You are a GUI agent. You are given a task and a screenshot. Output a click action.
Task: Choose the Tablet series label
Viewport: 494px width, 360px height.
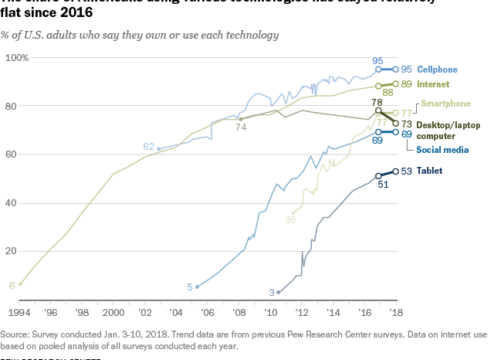[x=430, y=171]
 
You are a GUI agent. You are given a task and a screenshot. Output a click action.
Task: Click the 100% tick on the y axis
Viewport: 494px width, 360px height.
[x=17, y=58]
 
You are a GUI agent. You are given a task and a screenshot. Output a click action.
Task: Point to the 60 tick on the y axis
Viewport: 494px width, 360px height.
[x=22, y=155]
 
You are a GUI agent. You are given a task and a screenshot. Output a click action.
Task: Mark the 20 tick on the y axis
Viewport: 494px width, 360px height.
[x=22, y=251]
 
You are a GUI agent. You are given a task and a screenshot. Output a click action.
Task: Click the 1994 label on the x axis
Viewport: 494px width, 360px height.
[x=19, y=312]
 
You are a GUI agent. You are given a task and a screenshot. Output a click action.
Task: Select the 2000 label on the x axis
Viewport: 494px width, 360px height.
[x=113, y=312]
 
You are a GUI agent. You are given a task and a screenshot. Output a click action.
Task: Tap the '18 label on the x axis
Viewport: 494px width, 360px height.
[x=397, y=312]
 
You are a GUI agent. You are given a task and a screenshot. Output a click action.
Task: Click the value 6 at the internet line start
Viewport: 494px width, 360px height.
[x=12, y=285]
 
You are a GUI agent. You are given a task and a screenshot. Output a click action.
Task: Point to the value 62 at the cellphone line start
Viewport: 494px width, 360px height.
[x=149, y=147]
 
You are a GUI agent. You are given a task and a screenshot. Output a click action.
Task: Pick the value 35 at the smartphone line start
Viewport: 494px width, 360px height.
[x=290, y=220]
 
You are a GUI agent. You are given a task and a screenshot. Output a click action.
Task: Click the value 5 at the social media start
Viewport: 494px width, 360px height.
[x=189, y=287]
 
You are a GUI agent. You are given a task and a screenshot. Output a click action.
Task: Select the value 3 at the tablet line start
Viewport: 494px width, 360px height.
[x=272, y=292]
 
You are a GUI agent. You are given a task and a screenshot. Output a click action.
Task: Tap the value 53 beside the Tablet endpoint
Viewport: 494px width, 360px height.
[x=407, y=171]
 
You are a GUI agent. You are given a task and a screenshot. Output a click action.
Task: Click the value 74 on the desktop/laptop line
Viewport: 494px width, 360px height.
[x=241, y=128]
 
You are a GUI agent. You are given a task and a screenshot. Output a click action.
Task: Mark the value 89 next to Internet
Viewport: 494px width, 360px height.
[x=407, y=84]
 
